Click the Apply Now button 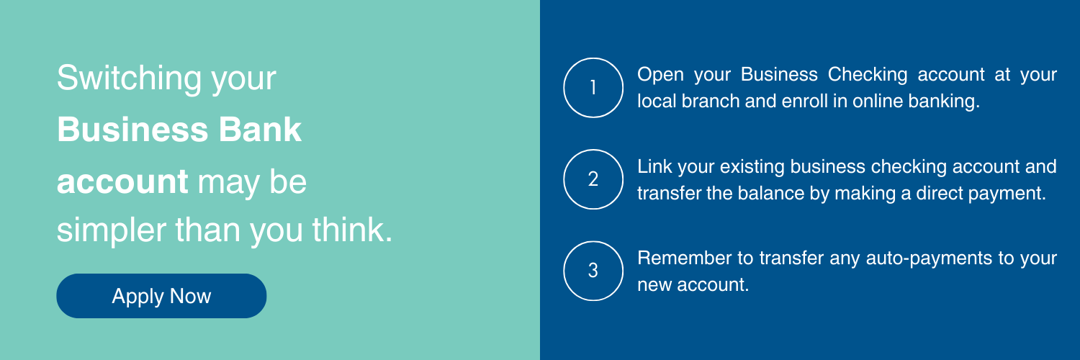tap(161, 296)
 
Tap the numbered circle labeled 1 tap(593, 88)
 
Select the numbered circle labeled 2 tap(593, 179)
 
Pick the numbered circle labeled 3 tap(593, 271)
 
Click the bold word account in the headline tap(122, 183)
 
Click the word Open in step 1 tap(660, 75)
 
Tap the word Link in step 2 tap(652, 166)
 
